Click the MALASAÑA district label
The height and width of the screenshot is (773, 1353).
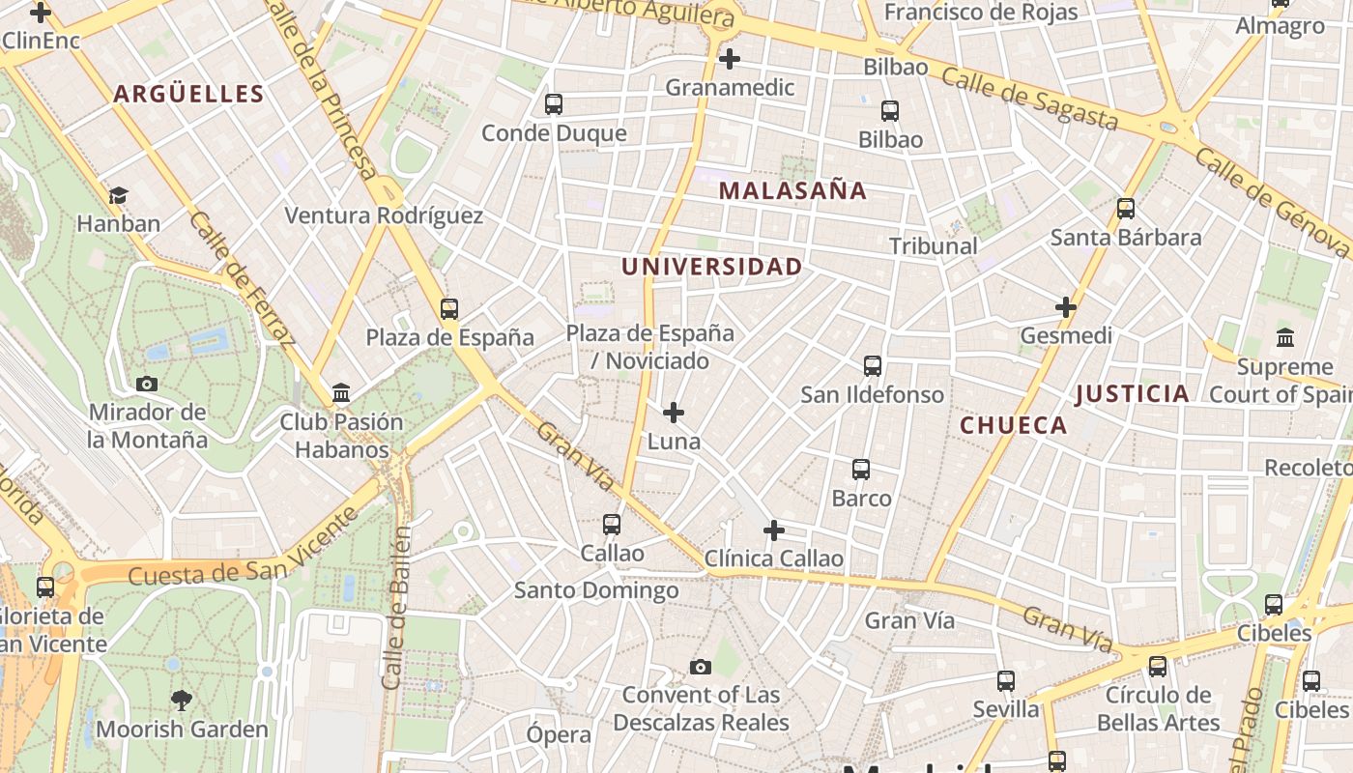click(x=792, y=191)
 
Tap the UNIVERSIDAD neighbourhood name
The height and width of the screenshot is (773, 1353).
click(x=711, y=267)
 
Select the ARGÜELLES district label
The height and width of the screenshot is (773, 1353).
click(x=188, y=94)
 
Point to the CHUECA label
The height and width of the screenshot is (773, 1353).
click(x=1013, y=425)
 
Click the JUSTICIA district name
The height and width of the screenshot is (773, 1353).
click(x=1132, y=393)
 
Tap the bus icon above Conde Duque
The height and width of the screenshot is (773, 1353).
click(x=554, y=104)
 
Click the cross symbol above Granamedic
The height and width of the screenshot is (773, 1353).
click(x=730, y=59)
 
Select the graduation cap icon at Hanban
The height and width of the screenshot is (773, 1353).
click(x=118, y=195)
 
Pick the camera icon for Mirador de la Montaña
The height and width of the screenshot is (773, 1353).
click(x=147, y=384)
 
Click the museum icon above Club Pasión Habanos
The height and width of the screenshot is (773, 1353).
click(x=341, y=393)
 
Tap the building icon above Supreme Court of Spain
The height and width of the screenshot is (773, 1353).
click(x=1285, y=338)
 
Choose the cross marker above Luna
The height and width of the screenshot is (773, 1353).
click(x=674, y=414)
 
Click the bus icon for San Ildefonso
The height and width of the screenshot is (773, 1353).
click(x=873, y=366)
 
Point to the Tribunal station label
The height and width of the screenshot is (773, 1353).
click(x=934, y=246)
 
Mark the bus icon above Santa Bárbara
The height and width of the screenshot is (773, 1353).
click(x=1126, y=209)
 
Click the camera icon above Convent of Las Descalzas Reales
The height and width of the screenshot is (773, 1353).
click(x=701, y=667)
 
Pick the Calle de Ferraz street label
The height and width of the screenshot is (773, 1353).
click(x=243, y=279)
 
